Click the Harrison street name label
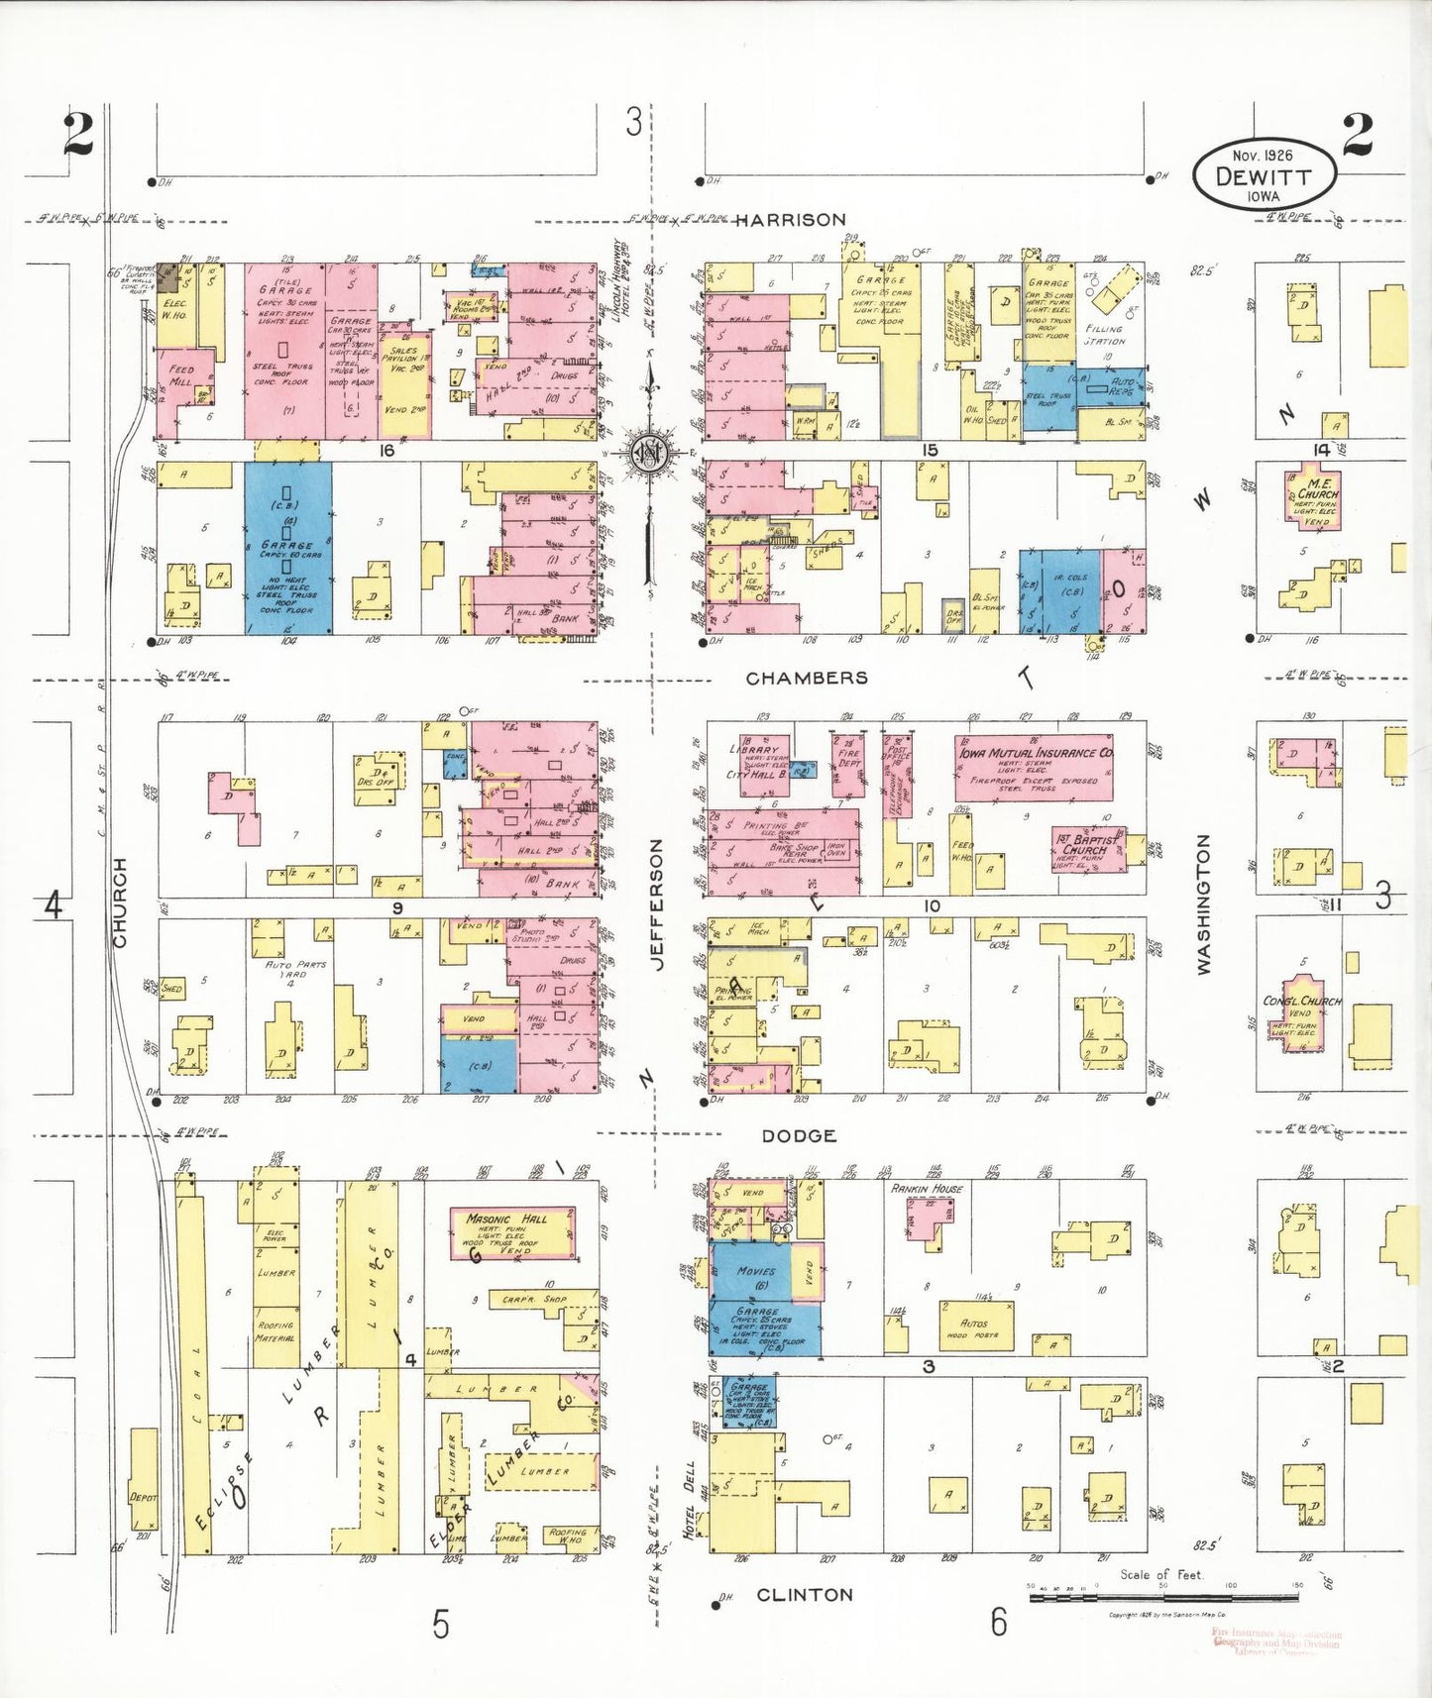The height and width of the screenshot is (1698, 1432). click(790, 220)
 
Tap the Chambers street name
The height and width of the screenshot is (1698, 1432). click(806, 678)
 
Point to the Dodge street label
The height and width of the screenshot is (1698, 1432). click(799, 1136)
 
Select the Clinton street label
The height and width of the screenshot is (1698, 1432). click(804, 1595)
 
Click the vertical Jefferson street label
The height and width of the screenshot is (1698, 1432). click(656, 904)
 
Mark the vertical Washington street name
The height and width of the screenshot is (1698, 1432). click(1204, 904)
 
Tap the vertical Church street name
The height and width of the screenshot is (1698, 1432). click(120, 902)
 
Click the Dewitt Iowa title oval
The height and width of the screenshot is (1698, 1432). click(1263, 174)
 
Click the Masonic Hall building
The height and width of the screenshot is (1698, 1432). click(513, 1233)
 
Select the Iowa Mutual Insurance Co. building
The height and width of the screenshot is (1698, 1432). click(1034, 767)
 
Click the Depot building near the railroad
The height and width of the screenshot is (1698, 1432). click(143, 1495)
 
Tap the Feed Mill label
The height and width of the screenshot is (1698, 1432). click(181, 375)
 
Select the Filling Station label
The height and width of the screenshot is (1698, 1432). click(1104, 335)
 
